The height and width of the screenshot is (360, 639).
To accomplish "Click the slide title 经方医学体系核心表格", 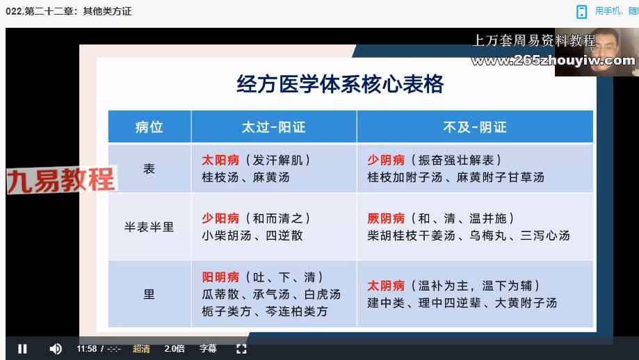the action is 340,84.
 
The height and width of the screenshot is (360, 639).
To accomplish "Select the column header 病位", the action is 149,127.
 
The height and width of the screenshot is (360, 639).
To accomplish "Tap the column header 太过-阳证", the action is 273,127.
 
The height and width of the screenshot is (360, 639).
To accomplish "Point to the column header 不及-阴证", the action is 475,127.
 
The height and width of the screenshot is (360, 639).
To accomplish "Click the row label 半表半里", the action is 149,227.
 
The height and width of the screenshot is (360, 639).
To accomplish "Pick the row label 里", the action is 149,294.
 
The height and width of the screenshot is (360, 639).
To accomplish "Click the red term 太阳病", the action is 220,160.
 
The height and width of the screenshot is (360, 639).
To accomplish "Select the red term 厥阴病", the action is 386,218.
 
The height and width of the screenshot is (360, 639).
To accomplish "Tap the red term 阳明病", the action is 220,277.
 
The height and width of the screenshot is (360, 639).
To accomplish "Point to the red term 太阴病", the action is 386,286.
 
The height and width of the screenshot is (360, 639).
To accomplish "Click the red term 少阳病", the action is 220,218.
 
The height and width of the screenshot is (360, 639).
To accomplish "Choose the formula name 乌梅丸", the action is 488,236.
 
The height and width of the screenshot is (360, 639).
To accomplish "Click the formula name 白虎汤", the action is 323,294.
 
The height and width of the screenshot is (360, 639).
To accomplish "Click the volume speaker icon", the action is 56,349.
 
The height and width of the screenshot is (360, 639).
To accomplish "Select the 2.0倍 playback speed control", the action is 175,349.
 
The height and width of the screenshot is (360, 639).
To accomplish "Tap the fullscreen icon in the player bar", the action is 241,349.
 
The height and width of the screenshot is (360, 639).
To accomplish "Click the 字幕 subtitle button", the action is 208,349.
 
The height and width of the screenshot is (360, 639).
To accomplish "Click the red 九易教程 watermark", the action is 61,179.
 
